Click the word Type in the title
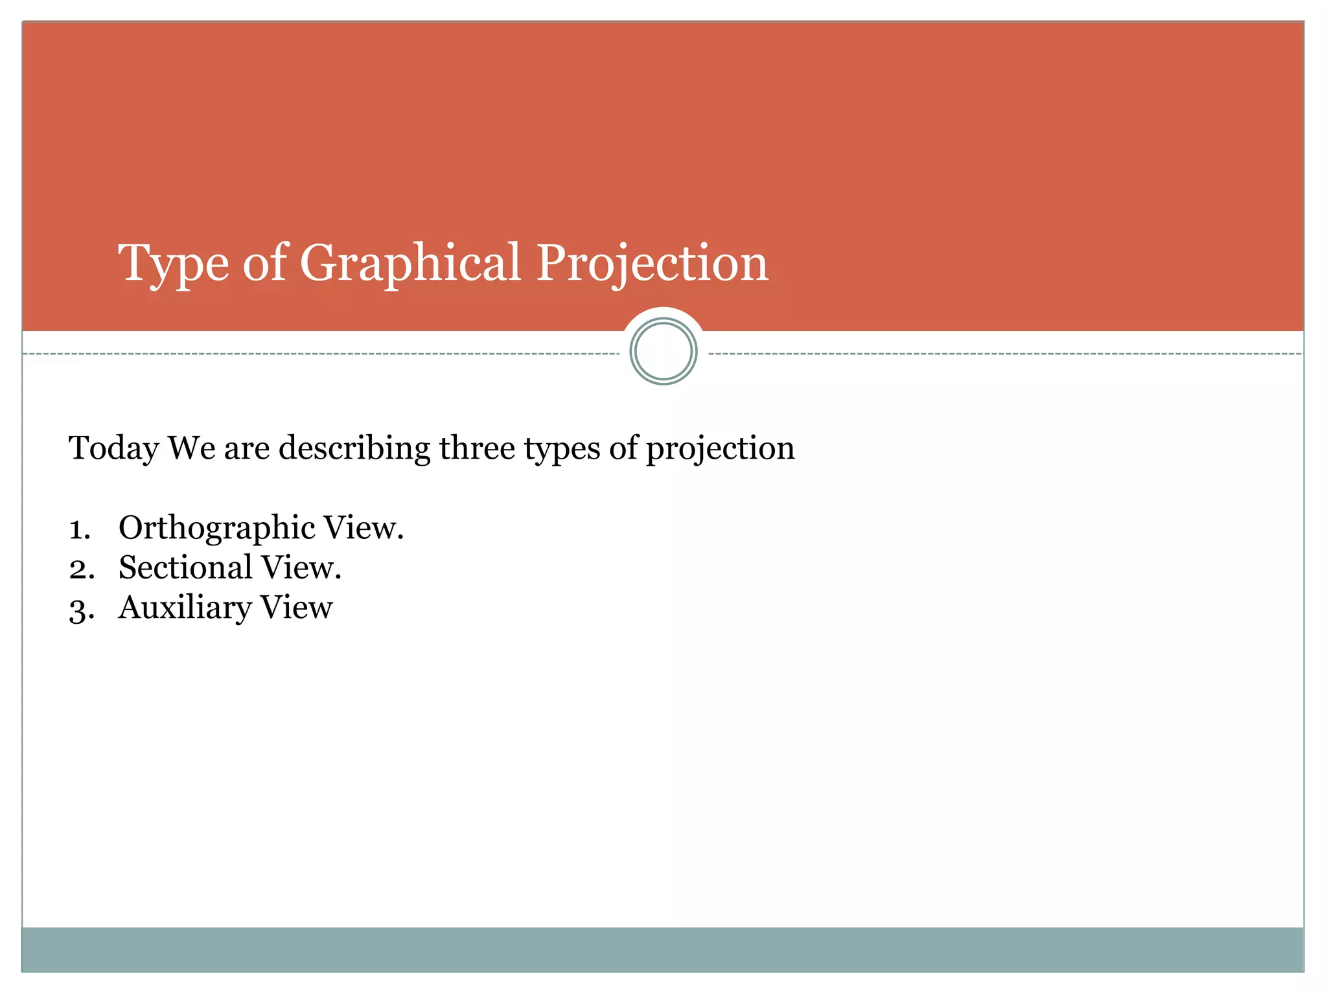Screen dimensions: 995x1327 173,264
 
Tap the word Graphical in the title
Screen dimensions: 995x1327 410,264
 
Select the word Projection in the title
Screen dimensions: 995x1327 652,264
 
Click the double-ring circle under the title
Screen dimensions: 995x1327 663,351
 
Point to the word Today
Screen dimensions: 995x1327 113,449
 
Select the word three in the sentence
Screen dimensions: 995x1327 477,448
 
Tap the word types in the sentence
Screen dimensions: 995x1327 562,449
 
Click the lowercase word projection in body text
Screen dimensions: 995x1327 720,449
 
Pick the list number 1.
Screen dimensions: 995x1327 79,529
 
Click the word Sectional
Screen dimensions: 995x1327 185,567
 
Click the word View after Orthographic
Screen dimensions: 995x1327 362,527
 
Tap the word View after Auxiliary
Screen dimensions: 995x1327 296,608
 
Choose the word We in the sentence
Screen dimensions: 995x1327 191,448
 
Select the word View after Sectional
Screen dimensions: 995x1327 300,567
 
